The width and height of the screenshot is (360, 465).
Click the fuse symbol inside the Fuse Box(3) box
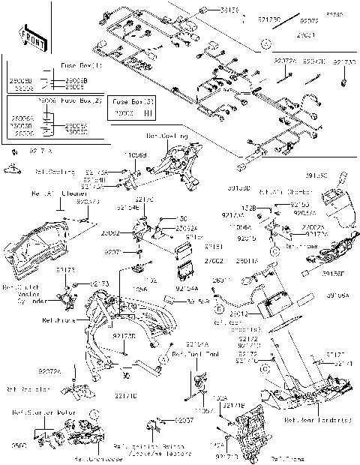point(147,112)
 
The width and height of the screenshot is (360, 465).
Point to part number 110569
point(135,154)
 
